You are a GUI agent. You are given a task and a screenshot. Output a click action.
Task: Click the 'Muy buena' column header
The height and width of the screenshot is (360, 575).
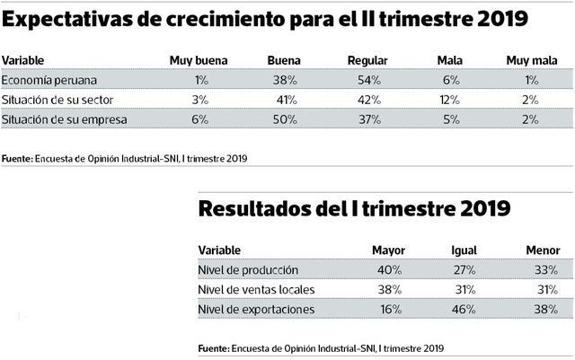click(x=199, y=59)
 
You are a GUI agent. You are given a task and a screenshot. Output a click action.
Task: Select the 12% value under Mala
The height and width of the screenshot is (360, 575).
click(x=449, y=99)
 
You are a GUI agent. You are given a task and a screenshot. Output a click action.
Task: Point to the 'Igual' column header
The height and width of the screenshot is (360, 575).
click(x=464, y=250)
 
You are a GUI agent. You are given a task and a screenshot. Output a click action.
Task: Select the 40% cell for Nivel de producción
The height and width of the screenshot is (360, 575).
click(x=388, y=269)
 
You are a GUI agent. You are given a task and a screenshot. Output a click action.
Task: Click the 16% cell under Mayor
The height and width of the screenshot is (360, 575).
click(x=388, y=310)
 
